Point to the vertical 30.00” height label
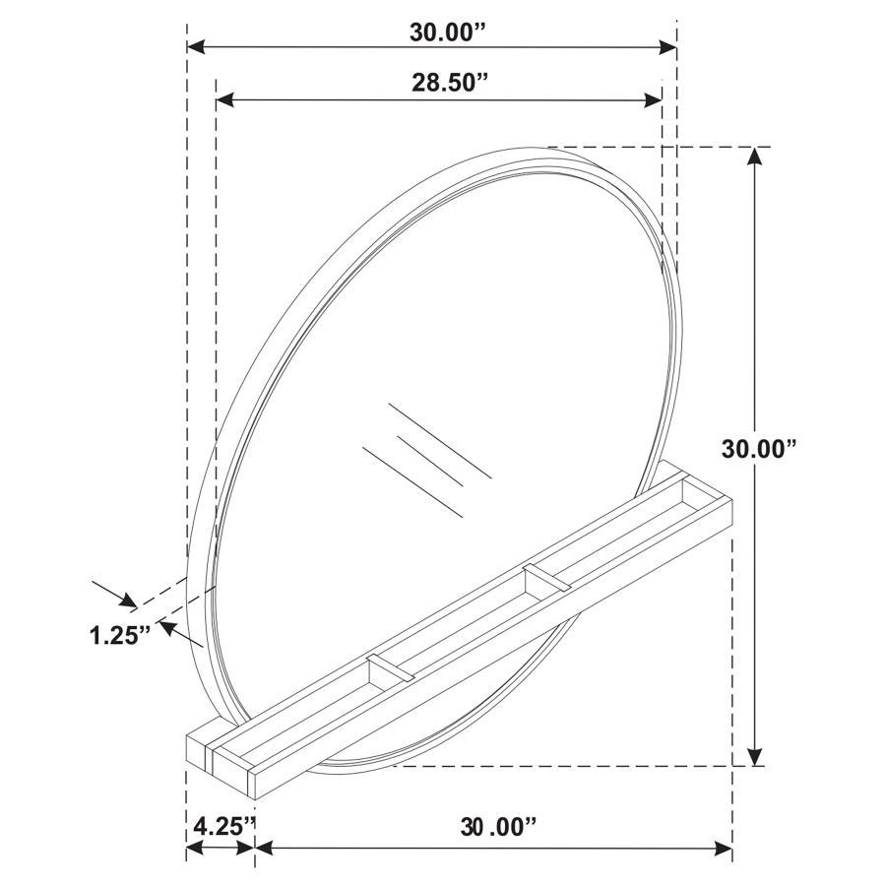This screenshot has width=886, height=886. (758, 449)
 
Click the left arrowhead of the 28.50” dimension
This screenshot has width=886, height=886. (223, 98)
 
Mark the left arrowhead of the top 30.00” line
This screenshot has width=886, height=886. (196, 47)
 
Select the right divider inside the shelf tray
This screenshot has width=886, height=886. (546, 579)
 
